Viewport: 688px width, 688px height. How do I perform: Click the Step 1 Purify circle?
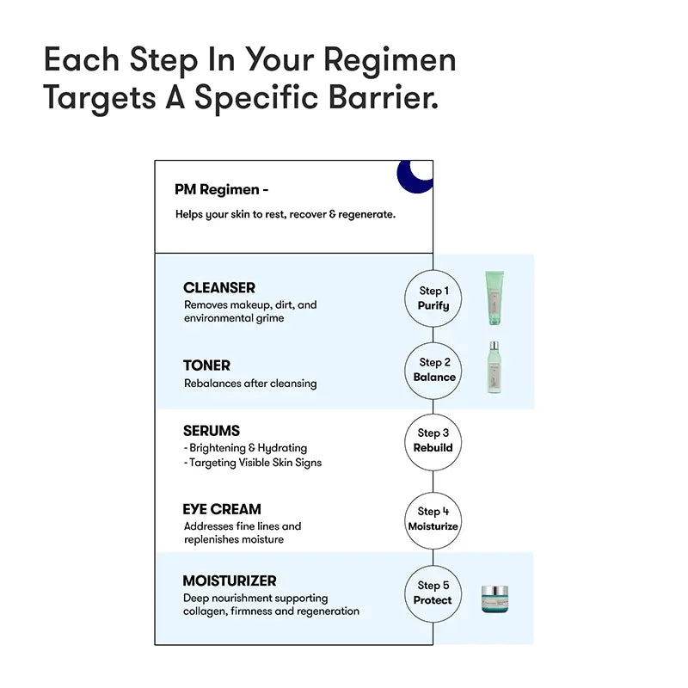pos(433,298)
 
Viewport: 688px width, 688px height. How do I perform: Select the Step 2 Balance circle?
pos(433,371)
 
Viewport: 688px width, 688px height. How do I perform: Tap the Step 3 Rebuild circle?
pos(433,442)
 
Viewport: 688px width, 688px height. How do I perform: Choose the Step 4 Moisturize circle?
pos(433,520)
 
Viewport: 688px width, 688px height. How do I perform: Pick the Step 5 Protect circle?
pos(433,593)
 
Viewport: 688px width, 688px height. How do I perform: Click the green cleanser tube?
pos(494,298)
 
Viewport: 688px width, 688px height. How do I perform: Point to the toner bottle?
pos(494,368)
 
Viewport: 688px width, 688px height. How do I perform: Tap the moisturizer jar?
pos(494,599)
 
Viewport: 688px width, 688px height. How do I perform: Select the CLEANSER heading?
pos(219,288)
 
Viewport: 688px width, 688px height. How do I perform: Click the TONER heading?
pos(206,365)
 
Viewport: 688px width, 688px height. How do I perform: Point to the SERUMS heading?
pos(212,431)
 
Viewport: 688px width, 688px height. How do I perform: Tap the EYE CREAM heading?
pos(222,509)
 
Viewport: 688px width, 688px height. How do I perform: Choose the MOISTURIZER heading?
pos(230,581)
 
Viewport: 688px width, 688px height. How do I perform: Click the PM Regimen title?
pos(222,189)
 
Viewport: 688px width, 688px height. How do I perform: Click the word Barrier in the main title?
pos(383,97)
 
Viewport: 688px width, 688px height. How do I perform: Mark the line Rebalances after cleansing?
pos(250,384)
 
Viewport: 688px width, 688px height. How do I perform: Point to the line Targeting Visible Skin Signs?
pos(253,463)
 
